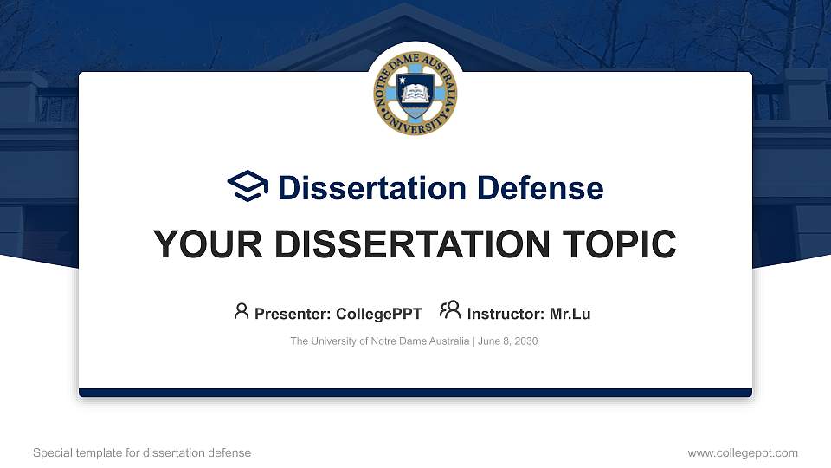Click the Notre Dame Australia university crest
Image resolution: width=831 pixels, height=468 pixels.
pyautogui.click(x=415, y=93)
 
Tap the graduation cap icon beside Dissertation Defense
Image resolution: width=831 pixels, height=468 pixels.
pyautogui.click(x=248, y=187)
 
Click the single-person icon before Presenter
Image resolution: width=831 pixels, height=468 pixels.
pyautogui.click(x=242, y=311)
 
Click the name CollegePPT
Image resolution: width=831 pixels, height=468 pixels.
pyautogui.click(x=378, y=314)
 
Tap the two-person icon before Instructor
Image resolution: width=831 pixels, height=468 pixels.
pyautogui.click(x=450, y=311)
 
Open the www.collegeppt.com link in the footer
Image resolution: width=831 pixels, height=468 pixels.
pyautogui.click(x=743, y=452)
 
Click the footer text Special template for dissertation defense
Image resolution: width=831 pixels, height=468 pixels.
pyautogui.click(x=142, y=452)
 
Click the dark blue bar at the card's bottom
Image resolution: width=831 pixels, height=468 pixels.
pyautogui.click(x=415, y=393)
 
